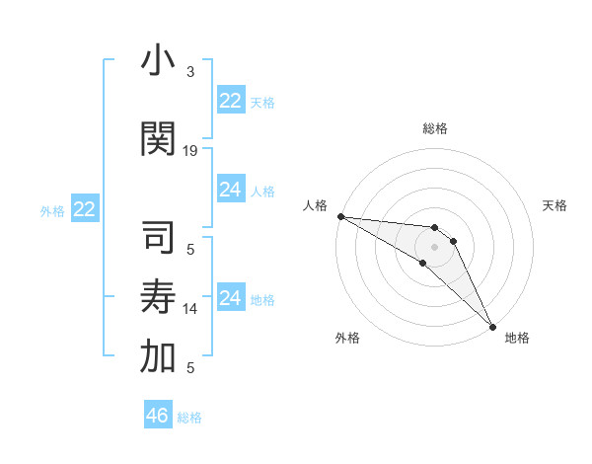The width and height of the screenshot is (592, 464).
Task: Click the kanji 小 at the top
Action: click(159, 61)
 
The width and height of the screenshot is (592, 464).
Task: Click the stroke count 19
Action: click(190, 151)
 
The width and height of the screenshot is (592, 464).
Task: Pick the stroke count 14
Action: click(190, 309)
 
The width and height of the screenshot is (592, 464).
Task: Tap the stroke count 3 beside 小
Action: click(190, 72)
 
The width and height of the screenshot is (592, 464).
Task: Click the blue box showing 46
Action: click(158, 416)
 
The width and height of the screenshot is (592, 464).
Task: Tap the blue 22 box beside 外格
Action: click(85, 209)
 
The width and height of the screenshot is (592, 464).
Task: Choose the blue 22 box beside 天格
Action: click(231, 101)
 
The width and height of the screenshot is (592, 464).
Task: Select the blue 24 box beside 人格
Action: click(231, 190)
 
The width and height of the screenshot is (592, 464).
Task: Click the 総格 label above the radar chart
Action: click(435, 128)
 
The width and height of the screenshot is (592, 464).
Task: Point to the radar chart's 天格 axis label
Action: click(555, 205)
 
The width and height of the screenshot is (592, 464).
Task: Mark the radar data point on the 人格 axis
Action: click(340, 216)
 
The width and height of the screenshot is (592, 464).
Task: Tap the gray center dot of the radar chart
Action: click(435, 247)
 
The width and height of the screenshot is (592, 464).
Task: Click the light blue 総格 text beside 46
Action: click(189, 418)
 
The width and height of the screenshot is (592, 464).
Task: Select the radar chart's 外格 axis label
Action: click(347, 338)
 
